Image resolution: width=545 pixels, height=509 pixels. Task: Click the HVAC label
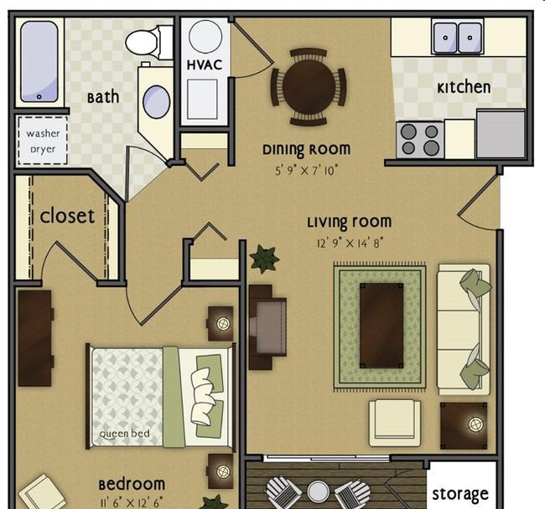click(205, 65)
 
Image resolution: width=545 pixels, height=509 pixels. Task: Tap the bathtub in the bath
click(39, 61)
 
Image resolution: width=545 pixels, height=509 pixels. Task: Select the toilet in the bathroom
click(148, 43)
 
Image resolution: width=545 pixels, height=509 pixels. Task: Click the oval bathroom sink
click(157, 101)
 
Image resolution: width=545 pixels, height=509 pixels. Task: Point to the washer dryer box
click(43, 141)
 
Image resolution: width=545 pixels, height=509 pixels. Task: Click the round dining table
click(309, 87)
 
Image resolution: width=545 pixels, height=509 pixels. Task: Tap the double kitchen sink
click(458, 38)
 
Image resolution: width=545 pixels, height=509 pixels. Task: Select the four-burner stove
click(420, 140)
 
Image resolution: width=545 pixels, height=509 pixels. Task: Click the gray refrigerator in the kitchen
click(501, 134)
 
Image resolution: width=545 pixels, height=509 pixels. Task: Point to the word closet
click(67, 216)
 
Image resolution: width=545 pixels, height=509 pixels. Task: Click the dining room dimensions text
click(306, 171)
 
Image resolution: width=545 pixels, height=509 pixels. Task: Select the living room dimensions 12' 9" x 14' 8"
click(350, 244)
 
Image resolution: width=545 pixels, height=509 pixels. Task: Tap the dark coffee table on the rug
click(381, 326)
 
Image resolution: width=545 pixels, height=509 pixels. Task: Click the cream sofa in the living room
click(464, 329)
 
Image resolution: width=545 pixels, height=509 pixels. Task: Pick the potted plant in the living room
click(264, 259)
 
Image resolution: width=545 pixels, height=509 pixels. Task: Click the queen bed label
click(124, 434)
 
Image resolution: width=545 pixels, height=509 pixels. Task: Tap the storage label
click(460, 495)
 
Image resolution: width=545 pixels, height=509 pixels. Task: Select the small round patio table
click(318, 491)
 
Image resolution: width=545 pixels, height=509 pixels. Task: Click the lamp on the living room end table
click(475, 424)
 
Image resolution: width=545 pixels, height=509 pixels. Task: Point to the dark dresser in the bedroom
click(35, 338)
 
